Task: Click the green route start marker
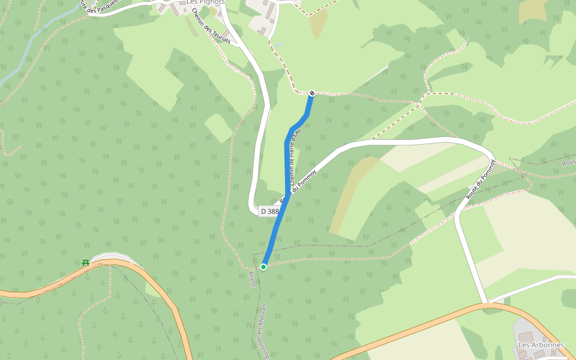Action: [263, 266]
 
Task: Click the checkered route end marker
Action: [312, 93]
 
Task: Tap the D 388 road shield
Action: [269, 211]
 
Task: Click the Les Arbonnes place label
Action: [541, 345]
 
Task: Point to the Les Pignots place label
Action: [205, 2]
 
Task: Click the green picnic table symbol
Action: [85, 263]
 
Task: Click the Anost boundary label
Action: [252, 279]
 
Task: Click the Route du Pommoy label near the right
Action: [481, 180]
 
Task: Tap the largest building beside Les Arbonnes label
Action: [526, 337]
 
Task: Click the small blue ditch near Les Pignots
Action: [279, 44]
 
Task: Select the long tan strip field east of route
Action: [351, 195]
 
